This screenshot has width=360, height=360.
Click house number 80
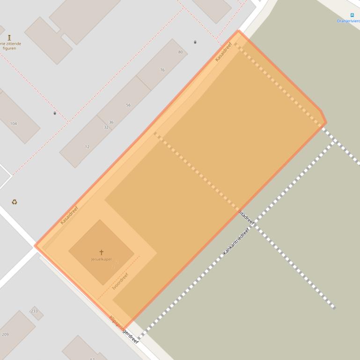[180, 52]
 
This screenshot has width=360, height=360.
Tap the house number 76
[162, 70]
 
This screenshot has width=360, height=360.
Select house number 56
[128, 105]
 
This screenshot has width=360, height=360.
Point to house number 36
[111, 122]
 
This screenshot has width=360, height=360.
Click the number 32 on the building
[106, 127]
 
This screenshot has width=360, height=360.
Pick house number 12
[87, 147]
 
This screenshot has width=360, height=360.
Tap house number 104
[14, 123]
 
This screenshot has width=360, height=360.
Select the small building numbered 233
[35, 311]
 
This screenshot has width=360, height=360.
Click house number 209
[5, 334]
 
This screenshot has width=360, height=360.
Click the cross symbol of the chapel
[101, 252]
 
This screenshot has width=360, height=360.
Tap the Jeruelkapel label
[101, 259]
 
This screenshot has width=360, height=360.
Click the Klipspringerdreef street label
[124, 330]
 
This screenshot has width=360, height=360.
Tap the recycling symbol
[15, 202]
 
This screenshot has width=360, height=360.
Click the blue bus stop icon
[352, 15]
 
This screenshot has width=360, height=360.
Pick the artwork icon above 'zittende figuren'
[9, 37]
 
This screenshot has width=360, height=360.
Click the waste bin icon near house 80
[195, 42]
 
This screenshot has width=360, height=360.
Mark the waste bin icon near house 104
[55, 113]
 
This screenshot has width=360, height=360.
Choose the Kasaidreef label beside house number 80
[224, 52]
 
